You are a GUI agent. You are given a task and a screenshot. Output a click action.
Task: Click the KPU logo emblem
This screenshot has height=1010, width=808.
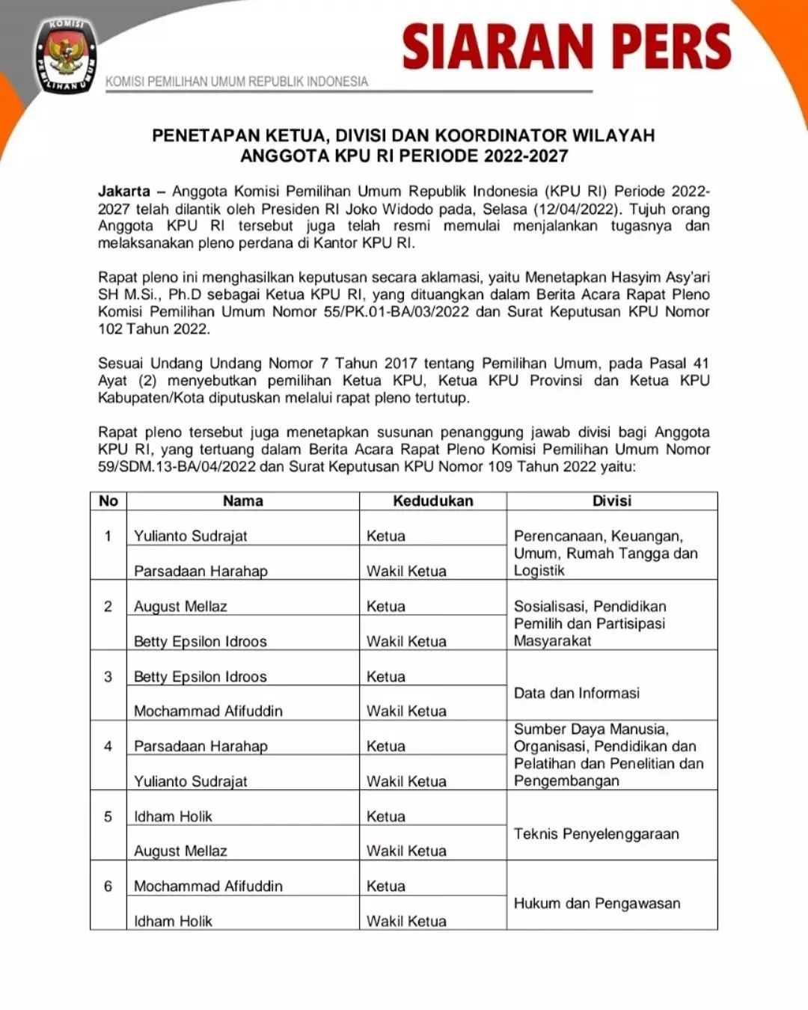click(x=66, y=57)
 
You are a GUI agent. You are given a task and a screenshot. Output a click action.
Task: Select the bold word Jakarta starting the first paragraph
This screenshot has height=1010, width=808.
click(x=123, y=192)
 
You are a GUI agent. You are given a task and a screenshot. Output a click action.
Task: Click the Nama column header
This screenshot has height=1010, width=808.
click(x=242, y=501)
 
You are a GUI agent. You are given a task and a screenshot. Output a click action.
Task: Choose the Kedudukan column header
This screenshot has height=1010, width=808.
click(x=432, y=501)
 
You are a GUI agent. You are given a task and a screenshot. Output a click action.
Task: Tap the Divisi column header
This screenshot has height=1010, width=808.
click(x=611, y=501)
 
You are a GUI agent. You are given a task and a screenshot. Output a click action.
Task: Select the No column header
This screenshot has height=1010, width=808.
click(x=108, y=501)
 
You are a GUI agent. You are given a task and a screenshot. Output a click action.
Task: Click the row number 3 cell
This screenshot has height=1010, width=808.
click(x=108, y=676)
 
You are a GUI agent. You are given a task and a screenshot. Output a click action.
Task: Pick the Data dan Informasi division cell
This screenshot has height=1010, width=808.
click(x=576, y=693)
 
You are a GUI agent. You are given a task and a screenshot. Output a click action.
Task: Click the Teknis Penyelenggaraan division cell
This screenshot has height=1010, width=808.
click(x=596, y=833)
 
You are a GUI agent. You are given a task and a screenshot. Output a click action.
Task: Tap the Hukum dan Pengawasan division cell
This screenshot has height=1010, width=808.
click(x=597, y=903)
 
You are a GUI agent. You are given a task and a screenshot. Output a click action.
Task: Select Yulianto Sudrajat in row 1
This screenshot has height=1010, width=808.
click(x=190, y=536)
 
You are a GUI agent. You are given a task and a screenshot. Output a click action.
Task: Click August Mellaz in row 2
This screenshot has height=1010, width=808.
click(x=180, y=606)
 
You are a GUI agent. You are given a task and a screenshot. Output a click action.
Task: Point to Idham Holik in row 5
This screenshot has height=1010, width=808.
click(x=173, y=816)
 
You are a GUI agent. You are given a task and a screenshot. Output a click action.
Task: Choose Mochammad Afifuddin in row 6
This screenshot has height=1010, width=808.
click(x=208, y=886)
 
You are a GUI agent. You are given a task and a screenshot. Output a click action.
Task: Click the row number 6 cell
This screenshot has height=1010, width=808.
click(x=108, y=886)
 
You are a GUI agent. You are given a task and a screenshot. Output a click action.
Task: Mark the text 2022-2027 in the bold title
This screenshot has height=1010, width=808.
click(x=525, y=156)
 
